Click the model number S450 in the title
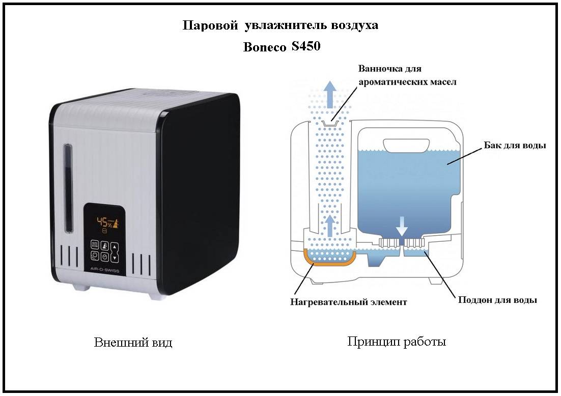click(306, 46)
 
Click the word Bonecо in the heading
click(265, 47)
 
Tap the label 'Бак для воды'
click(515, 145)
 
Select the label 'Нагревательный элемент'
click(349, 302)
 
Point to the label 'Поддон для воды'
click(498, 300)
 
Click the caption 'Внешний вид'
click(133, 343)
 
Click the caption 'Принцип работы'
click(397, 342)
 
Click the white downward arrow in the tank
click(402, 225)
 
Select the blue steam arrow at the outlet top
click(330, 94)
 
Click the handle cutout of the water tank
click(406, 145)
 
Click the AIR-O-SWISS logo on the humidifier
click(105, 271)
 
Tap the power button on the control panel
click(95, 256)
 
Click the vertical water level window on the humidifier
click(68, 188)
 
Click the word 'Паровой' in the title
click(210, 25)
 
